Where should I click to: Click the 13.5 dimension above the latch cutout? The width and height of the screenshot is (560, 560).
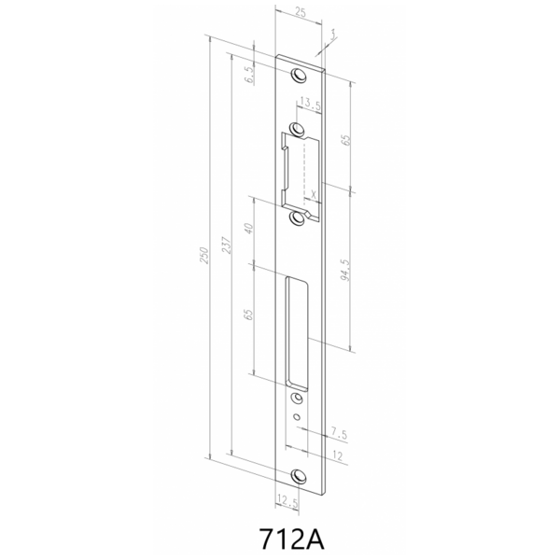310,104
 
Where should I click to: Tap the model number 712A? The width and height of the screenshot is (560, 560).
289,539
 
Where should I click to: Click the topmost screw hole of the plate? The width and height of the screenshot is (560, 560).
299,76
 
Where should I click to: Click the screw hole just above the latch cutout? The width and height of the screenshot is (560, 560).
299,129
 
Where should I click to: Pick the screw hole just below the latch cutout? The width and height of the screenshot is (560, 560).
299,217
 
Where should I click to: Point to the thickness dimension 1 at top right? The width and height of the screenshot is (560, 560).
332,35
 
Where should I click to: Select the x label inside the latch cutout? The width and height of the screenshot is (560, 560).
315,194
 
